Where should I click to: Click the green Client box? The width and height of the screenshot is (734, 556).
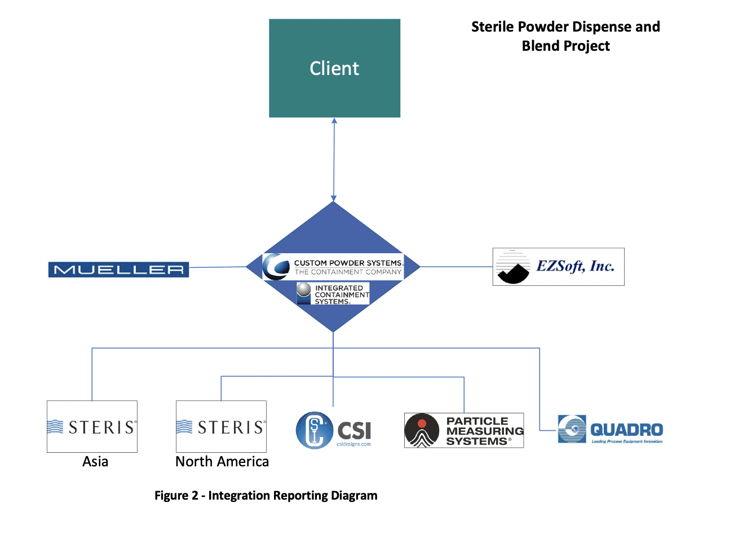pyautogui.click(x=334, y=68)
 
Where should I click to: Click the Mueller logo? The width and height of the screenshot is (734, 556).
pyautogui.click(x=118, y=270)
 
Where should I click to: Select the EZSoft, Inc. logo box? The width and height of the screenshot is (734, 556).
pyautogui.click(x=558, y=267)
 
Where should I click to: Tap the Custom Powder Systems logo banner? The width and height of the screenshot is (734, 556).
pyautogui.click(x=333, y=267)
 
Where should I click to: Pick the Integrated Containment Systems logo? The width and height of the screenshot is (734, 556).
pyautogui.click(x=333, y=294)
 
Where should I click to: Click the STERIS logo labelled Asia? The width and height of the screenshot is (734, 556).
pyautogui.click(x=92, y=427)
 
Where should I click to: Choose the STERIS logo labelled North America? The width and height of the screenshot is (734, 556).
pyautogui.click(x=221, y=427)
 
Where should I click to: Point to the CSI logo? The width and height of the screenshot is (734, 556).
pyautogui.click(x=334, y=430)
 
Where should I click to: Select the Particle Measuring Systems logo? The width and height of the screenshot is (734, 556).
pyautogui.click(x=464, y=431)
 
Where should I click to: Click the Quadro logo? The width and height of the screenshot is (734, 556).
pyautogui.click(x=611, y=430)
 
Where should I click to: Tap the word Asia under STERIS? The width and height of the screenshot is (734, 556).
pyautogui.click(x=95, y=462)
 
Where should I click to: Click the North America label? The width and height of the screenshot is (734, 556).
pyautogui.click(x=222, y=462)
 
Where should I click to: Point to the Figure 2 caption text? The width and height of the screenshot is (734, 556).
pyautogui.click(x=266, y=496)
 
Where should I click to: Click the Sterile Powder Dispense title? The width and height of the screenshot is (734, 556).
pyautogui.click(x=565, y=27)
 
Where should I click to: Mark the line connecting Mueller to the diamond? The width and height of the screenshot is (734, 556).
pyautogui.click(x=218, y=267)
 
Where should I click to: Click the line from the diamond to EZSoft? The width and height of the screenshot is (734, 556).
pyautogui.click(x=457, y=267)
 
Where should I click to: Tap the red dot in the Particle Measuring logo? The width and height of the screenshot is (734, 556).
pyautogui.click(x=422, y=423)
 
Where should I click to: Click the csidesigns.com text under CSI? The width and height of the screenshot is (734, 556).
pyautogui.click(x=354, y=444)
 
